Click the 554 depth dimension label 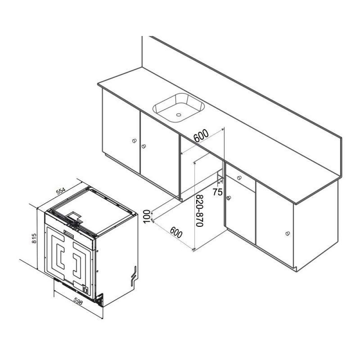tap(61, 192)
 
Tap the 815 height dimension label tap(34, 238)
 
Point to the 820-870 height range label tap(199, 211)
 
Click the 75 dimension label tap(217, 192)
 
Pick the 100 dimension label tap(147, 216)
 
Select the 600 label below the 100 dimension tap(176, 233)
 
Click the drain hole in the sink tap(178, 114)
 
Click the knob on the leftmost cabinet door tap(134, 140)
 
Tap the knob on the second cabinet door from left tap(144, 146)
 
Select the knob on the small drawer tap(239, 177)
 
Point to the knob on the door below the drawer tap(229, 198)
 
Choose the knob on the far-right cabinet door tap(287, 234)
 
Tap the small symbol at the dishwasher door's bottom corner tap(85, 288)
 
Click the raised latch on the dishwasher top tap(74, 216)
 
